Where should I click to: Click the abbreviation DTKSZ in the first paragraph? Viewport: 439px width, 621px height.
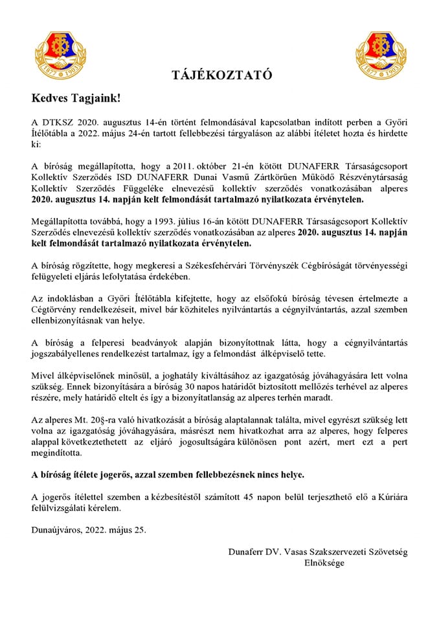point(55,122)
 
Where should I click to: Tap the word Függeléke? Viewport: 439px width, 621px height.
point(132,186)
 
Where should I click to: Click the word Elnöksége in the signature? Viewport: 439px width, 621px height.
point(324,563)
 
